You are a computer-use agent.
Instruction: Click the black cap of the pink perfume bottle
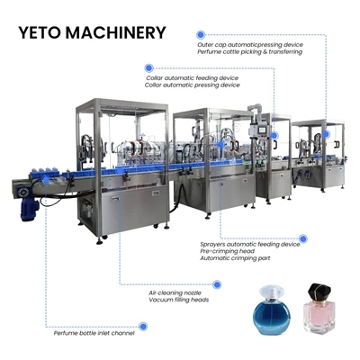pos(319,292)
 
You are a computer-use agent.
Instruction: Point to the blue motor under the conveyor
pos(29,206)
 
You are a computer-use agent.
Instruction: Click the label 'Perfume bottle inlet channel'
pos(94,333)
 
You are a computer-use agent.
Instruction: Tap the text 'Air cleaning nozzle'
pos(175,292)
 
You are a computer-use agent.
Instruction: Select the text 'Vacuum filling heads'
pos(178,300)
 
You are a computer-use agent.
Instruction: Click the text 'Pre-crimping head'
pos(228,251)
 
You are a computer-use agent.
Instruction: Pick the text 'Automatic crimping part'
pos(235,258)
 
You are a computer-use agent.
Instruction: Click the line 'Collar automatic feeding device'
pos(193,78)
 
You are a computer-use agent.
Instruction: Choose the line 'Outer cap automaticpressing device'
pos(250,45)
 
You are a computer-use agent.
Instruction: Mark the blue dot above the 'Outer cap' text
pos(201,35)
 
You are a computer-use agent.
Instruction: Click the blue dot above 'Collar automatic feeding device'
pos(148,68)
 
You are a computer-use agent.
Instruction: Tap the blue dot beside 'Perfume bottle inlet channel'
pos(143,326)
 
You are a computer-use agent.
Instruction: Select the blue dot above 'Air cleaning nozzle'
pos(217,284)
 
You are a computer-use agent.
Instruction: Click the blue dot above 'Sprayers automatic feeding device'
pos(303,238)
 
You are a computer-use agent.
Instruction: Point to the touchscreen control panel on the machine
pos(262,130)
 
